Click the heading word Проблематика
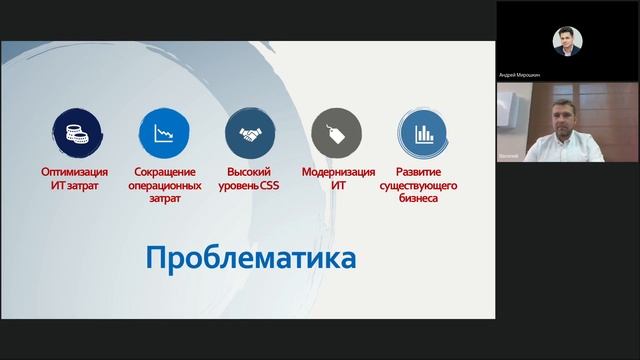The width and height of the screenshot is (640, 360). pyautogui.click(x=251, y=258)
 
